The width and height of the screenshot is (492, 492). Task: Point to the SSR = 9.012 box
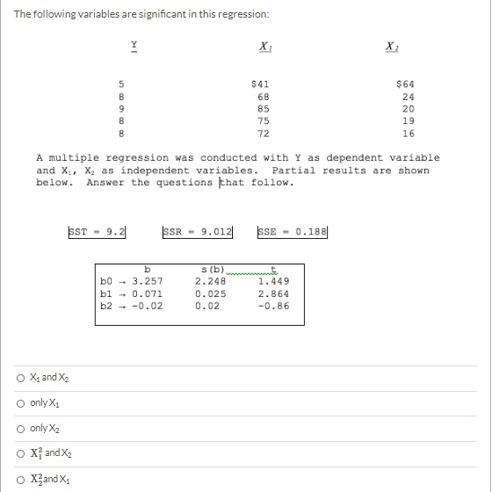pyautogui.click(x=199, y=232)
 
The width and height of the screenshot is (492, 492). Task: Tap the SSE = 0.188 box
pyautogui.click(x=292, y=232)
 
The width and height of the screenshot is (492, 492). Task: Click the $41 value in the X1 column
pyautogui.click(x=261, y=83)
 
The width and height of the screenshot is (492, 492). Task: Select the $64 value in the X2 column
pyautogui.click(x=406, y=83)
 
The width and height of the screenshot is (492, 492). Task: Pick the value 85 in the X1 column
pyautogui.click(x=263, y=109)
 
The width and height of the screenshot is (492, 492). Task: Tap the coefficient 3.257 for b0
pyautogui.click(x=147, y=282)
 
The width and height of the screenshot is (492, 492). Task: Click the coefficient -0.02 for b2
pyautogui.click(x=147, y=306)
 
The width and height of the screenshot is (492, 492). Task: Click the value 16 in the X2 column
pyautogui.click(x=408, y=134)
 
